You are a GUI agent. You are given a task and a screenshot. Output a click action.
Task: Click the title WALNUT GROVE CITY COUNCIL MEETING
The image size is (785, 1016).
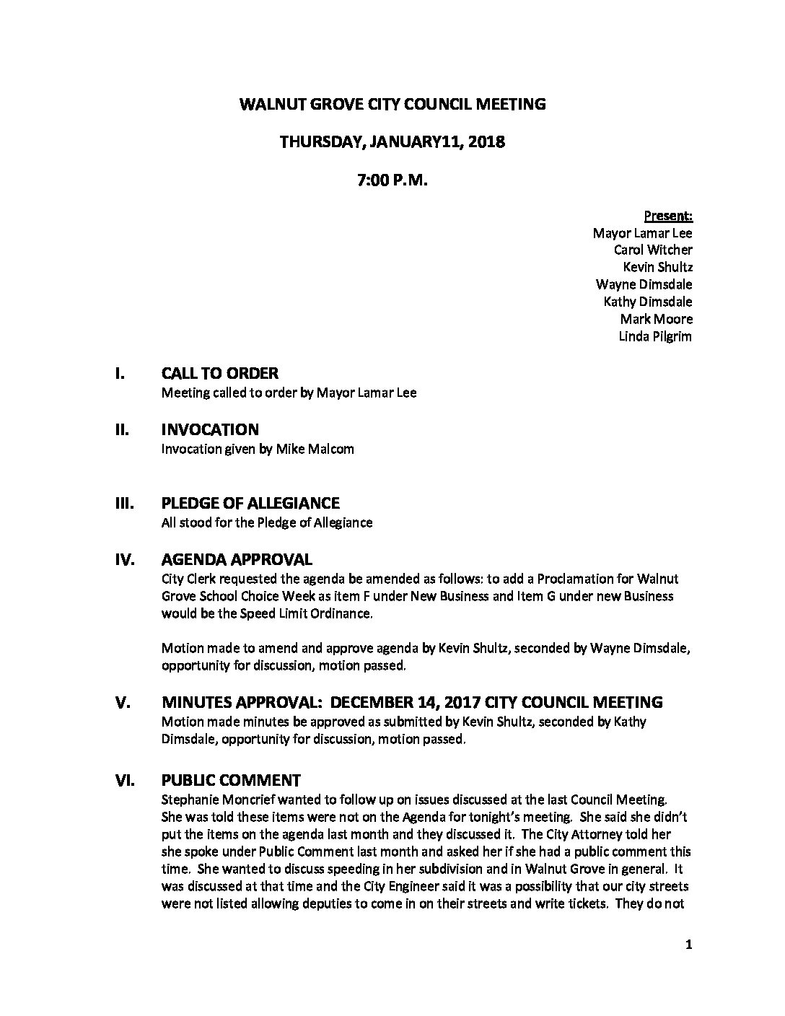[x=392, y=104]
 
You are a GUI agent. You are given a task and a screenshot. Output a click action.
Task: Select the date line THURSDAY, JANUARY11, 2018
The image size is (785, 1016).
[x=392, y=142]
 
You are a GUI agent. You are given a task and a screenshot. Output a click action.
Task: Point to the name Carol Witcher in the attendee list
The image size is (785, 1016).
[x=653, y=250]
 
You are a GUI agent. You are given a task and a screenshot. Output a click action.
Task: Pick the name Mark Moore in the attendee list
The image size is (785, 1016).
[x=656, y=319]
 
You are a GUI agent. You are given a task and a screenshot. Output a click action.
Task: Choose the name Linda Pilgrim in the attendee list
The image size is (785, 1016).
[x=655, y=336]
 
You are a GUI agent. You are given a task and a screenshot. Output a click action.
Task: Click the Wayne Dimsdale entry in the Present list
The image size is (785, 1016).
[x=644, y=284]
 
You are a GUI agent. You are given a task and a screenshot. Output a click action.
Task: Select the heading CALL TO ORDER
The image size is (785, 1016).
[x=219, y=374]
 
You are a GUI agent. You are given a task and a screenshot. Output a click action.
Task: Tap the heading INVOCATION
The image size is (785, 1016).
[x=209, y=430]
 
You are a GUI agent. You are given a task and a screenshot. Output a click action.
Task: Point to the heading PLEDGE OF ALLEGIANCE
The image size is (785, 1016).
[x=250, y=504]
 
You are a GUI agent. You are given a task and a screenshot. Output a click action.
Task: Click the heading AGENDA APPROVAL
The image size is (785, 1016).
[x=237, y=560]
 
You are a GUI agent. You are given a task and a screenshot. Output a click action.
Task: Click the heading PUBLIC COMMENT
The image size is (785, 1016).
[x=231, y=780]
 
